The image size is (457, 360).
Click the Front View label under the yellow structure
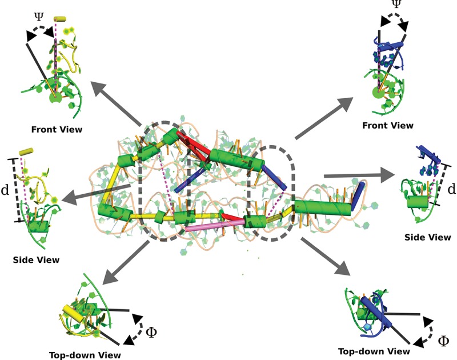point(58,130)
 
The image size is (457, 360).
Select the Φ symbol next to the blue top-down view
point(443,342)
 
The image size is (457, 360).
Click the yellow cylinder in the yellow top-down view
point(74,314)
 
